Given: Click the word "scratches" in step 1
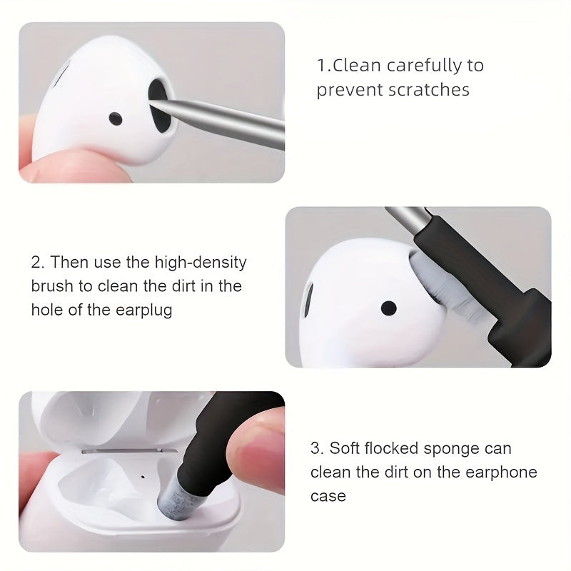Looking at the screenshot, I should pyautogui.click(x=433, y=90).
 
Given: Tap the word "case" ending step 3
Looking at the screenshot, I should pyautogui.click(x=328, y=496).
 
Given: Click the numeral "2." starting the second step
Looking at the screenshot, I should pyautogui.click(x=38, y=262).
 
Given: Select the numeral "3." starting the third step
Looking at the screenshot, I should pyautogui.click(x=317, y=449).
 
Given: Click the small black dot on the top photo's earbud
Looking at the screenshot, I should pyautogui.click(x=114, y=118).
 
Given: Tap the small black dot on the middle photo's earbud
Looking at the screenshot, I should pyautogui.click(x=388, y=308).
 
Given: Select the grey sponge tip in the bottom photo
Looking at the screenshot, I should pyautogui.click(x=173, y=499).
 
